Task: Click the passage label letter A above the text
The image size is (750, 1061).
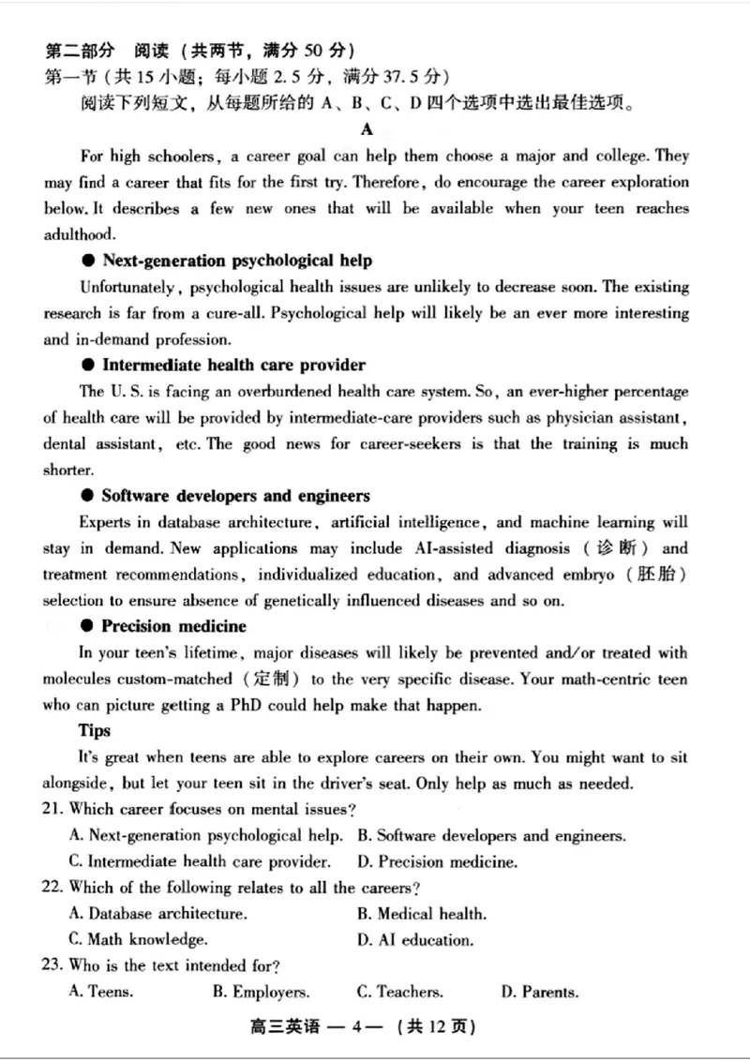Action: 367,129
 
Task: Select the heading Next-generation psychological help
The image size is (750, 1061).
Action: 236,261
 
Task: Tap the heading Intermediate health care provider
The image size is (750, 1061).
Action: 233,365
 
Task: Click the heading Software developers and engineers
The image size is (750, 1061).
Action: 235,496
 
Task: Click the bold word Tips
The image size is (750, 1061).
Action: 95,730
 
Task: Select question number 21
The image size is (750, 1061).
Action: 54,809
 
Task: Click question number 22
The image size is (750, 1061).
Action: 54,888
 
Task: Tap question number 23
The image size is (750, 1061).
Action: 54,965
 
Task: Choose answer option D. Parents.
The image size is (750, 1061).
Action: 539,992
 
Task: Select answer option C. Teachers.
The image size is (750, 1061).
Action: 399,992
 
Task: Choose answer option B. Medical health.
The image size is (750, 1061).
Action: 422,914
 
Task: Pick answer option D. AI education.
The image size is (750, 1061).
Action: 415,939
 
